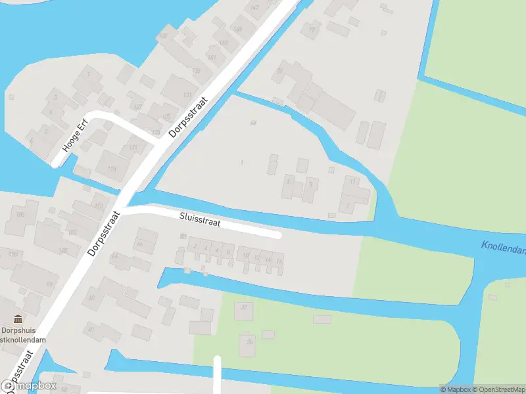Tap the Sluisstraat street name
pos(201,219)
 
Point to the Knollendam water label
pos(503,249)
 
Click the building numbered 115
pos(111,169)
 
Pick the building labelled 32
pos(245,307)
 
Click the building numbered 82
pos(92,298)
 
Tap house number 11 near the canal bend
pos(352,181)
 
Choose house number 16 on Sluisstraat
pos(279,261)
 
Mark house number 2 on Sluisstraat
pos(195,247)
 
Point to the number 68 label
pos(253,123)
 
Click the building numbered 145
pos(237,30)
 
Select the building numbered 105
pos(63,250)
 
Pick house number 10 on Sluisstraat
pos(246,256)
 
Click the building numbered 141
pos(212,58)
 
